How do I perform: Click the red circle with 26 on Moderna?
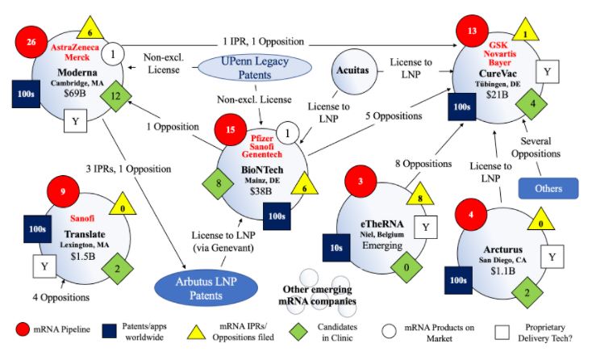[x=32, y=42]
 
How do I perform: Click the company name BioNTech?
[x=261, y=170]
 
